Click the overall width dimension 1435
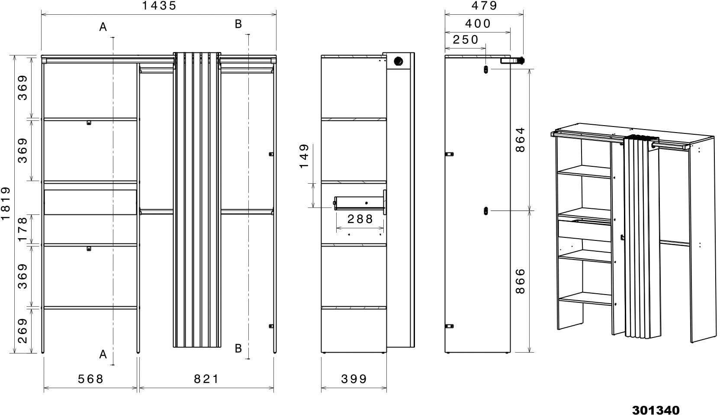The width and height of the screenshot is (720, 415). tap(159, 6)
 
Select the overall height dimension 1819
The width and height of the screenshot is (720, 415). tap(6, 204)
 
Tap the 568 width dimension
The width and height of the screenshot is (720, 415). tap(90, 379)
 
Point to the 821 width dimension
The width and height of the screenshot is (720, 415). tap(206, 379)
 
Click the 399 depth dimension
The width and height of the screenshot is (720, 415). tap(354, 379)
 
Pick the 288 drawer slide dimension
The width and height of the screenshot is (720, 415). tap(360, 219)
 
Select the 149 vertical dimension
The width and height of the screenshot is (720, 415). tap(304, 156)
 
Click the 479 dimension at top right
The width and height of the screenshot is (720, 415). tap(484, 6)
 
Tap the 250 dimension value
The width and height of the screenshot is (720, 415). tap(466, 40)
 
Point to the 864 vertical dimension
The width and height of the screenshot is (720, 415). tap(520, 139)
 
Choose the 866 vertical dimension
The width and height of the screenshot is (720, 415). tap(520, 281)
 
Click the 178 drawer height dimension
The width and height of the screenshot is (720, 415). tap(22, 229)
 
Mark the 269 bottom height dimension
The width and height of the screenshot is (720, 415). tap(22, 331)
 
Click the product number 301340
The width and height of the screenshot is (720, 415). tap(656, 410)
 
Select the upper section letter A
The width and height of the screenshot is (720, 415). tap(103, 27)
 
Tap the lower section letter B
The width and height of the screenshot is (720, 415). tap(238, 348)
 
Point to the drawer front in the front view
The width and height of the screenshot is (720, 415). tap(90, 202)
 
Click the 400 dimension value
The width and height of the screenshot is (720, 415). tap(478, 23)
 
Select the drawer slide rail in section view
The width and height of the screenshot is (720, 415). tap(359, 202)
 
